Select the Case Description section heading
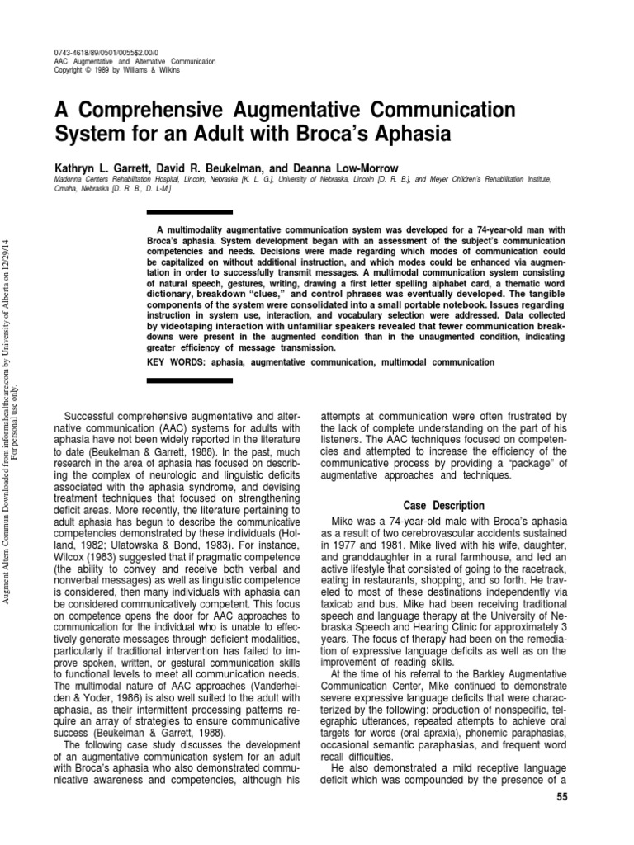[443, 505]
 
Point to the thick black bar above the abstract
[177, 212]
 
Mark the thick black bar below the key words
[177, 380]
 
